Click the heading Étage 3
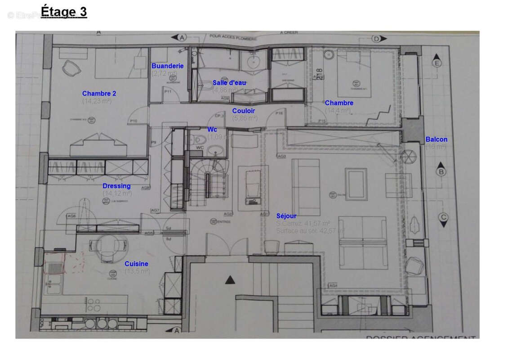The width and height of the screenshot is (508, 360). coord(63,11)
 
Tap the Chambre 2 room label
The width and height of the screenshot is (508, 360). coord(99,94)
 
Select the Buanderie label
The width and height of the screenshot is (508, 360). coord(167,66)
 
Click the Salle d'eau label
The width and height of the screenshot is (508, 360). coord(229,83)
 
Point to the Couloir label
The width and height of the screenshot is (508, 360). coord(244,111)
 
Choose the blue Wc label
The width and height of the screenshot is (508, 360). coord(212,130)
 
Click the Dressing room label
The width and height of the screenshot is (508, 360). coord(116,186)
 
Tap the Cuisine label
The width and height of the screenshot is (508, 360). coord(136,264)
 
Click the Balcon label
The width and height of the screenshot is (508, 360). coord(436,139)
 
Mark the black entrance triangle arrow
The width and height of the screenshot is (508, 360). coord(230,280)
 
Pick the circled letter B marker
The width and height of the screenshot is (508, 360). coord(442,171)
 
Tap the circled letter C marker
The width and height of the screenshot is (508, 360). coord(443,217)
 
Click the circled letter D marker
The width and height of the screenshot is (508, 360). coord(376,38)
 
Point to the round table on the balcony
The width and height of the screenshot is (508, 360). coord(409,157)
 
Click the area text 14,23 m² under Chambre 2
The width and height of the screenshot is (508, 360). coord(97,101)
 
